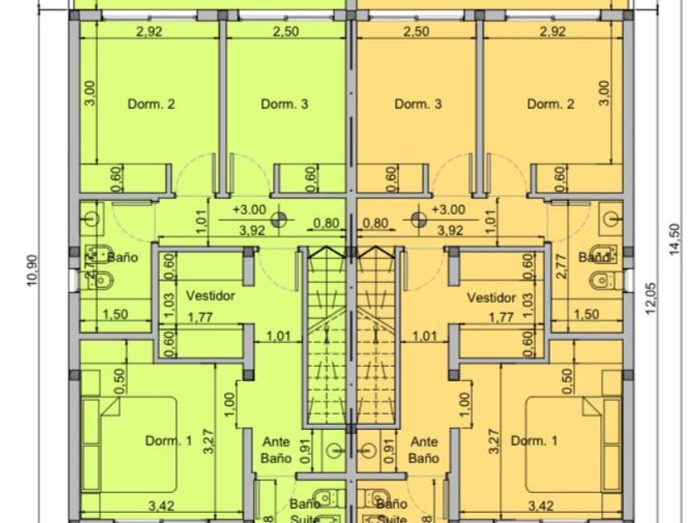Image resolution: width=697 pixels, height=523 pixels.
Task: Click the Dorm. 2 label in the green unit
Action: [x=151, y=105]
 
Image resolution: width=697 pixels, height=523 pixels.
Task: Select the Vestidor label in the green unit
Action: [x=210, y=296]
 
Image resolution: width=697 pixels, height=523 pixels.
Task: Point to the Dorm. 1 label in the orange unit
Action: [x=529, y=441]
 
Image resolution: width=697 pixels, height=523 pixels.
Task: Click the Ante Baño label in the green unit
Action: [x=277, y=449]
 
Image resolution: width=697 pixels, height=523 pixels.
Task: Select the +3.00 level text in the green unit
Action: [x=249, y=210]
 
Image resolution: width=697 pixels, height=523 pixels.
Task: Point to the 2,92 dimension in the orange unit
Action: [x=552, y=32]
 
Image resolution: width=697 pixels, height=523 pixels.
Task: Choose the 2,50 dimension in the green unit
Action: [x=285, y=32]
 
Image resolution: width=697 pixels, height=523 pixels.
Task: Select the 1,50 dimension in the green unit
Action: [x=116, y=315]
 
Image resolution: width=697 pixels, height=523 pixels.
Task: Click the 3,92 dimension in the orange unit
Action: [x=450, y=231]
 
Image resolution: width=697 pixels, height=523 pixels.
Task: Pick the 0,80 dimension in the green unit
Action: [x=326, y=222]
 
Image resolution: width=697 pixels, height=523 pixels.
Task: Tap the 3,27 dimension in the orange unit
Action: [x=495, y=441]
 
